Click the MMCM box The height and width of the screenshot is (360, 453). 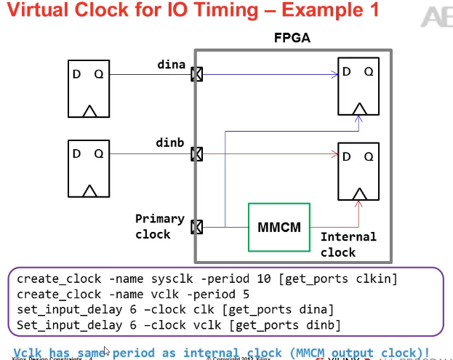279,228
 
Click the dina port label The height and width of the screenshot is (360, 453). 171,65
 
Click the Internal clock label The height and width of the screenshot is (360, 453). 348,244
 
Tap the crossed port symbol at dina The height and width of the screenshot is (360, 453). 196,74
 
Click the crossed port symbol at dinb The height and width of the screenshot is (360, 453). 196,154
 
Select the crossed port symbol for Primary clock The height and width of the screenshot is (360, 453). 196,228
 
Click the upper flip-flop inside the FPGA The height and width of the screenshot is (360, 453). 358,89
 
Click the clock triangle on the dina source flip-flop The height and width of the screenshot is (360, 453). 88,112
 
